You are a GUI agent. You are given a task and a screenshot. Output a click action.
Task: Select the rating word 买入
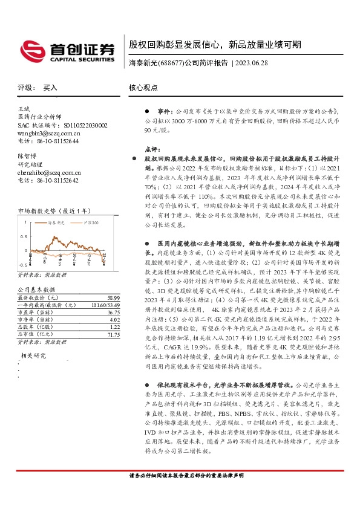(50, 88)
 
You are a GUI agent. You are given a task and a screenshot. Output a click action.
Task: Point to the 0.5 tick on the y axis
(24, 236)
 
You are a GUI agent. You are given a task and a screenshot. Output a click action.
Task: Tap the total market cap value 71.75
(113, 334)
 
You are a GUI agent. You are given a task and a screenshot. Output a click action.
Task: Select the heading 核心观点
(143, 88)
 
